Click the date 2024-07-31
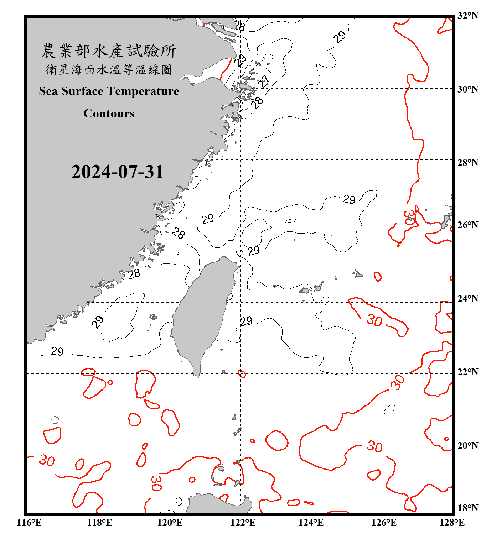[x=117, y=172]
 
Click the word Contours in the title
[x=109, y=114]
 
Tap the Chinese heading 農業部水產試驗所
[x=109, y=51]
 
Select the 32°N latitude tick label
[x=468, y=16]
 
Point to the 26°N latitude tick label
[x=468, y=225]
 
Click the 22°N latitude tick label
[x=468, y=372]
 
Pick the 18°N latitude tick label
[x=468, y=508]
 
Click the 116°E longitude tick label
[x=29, y=523]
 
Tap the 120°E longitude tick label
[x=170, y=523]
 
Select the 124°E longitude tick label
[x=311, y=523]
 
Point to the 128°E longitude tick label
[x=452, y=523]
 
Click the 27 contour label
[x=264, y=82]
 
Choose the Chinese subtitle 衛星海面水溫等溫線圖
[x=109, y=69]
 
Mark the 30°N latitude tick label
[x=468, y=89]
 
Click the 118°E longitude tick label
[x=99, y=523]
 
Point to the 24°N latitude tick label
[x=468, y=299]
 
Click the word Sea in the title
[x=49, y=91]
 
